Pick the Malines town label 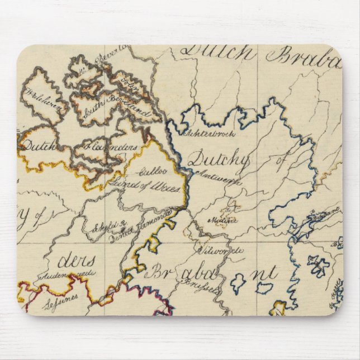pos(222,220)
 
